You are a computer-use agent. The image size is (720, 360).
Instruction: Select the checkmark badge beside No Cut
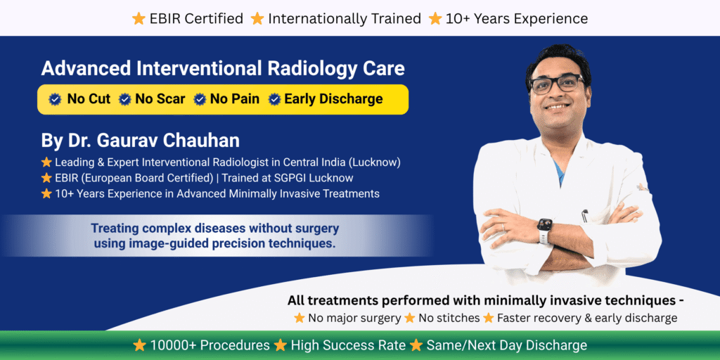[55, 99]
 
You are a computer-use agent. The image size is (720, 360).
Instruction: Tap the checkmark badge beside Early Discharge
[275, 99]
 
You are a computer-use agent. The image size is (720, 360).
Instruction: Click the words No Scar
[160, 99]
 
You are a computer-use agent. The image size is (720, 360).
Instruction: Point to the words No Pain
[236, 99]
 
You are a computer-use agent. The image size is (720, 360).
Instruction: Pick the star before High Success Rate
[281, 345]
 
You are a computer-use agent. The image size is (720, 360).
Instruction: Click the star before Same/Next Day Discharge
[417, 345]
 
